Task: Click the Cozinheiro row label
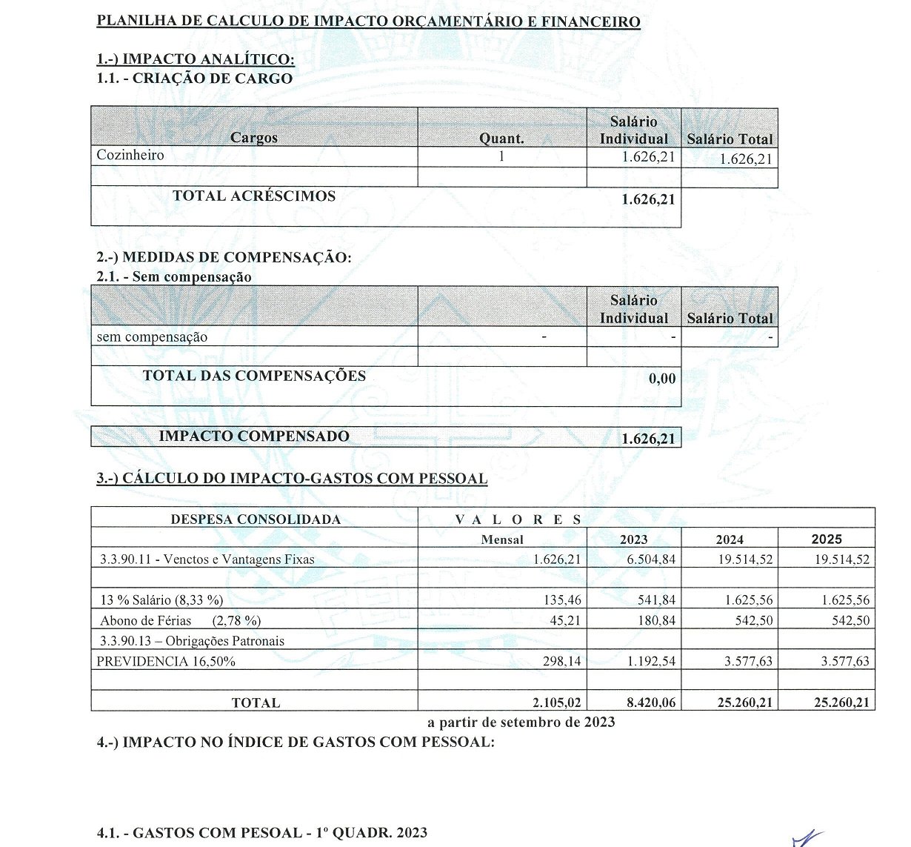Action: point(130,155)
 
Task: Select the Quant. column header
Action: point(501,139)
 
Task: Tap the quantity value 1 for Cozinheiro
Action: point(501,156)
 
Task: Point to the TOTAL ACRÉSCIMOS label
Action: point(254,196)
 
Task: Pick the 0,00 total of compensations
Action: point(662,379)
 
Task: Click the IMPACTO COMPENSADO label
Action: point(254,436)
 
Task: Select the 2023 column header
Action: point(633,539)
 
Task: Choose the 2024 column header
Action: point(730,539)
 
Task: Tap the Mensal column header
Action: point(501,539)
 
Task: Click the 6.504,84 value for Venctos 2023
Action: point(651,559)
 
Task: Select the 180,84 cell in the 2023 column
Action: point(656,621)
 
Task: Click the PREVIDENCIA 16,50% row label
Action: point(166,662)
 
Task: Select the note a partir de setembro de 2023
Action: point(521,722)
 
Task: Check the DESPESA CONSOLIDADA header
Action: point(256,519)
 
